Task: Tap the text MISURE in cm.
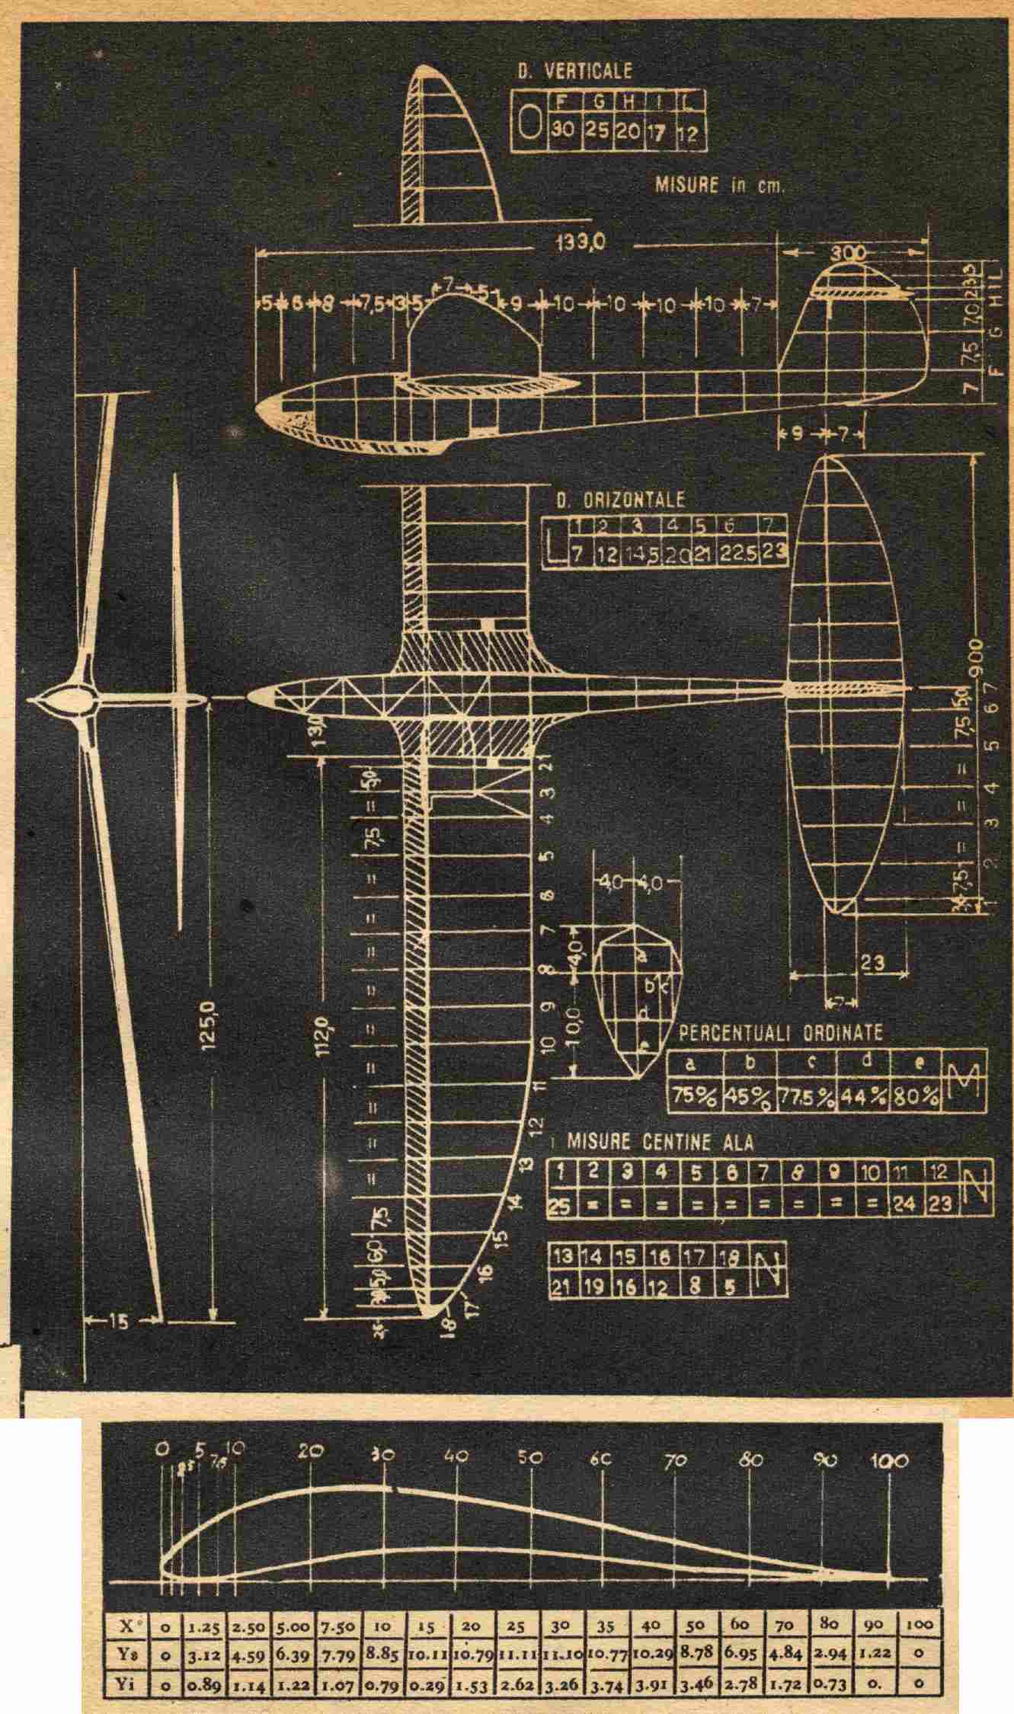click(x=718, y=186)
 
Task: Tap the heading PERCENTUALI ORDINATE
click(x=780, y=1033)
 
